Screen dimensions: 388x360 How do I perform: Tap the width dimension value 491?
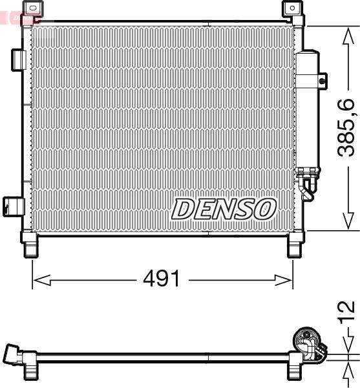pos(161,279)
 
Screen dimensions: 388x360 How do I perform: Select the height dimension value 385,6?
pos(347,127)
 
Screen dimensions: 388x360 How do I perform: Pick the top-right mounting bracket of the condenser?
pos(293,10)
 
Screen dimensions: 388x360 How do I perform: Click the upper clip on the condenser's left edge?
pos(18,59)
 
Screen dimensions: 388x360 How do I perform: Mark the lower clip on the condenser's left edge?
pos(13,206)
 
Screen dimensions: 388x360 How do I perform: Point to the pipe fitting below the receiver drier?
pos(308,184)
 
